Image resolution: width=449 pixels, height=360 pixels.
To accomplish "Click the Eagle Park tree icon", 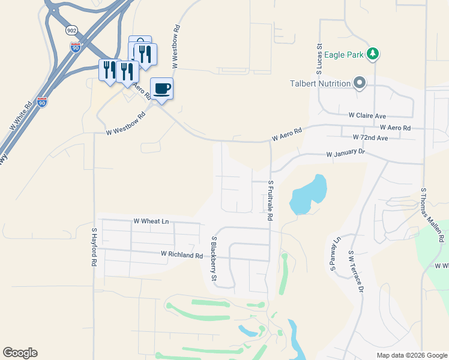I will pos(373,54).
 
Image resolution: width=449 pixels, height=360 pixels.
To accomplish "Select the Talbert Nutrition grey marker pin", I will pos(360,83).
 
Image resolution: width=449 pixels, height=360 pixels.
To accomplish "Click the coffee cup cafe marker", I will pos(161,89).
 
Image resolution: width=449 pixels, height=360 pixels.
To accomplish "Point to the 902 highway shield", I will pos(72,30).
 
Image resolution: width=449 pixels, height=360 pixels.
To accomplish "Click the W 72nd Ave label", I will pos(370,137).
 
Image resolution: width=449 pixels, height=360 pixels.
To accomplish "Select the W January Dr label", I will pos(345,154).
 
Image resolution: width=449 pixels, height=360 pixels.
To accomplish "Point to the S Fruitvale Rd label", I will pos(271,200).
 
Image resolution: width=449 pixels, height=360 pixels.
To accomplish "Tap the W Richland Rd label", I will pos(181,254).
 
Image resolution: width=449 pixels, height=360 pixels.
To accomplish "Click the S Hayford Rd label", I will pos(94,247).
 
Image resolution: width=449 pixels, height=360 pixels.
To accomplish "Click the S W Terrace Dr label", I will pos(355,271).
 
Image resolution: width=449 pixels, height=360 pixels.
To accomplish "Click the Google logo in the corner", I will pos(20,353).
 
